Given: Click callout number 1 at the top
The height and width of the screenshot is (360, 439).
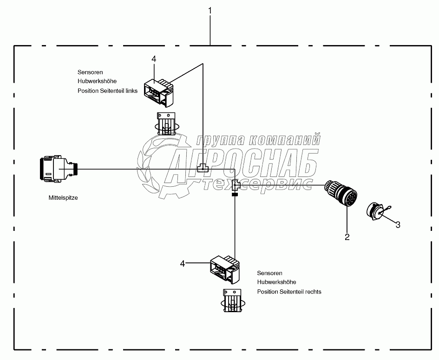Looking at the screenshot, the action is click(210, 9).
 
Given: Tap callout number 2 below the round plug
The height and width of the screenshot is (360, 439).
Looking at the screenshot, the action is click(347, 237).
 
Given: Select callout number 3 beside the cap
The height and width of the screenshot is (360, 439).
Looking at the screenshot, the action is click(398, 225).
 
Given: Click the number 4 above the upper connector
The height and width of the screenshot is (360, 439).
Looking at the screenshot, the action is click(154, 59).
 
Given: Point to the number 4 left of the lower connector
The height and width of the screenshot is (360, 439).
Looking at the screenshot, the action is click(183, 263).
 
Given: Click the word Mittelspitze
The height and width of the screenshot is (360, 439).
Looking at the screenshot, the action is click(63, 197).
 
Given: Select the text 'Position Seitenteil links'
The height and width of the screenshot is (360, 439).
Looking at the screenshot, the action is click(107, 91).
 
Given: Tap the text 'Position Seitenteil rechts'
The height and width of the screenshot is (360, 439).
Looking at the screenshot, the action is click(289, 292).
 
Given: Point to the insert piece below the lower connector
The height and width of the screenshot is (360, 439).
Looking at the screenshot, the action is click(232, 300).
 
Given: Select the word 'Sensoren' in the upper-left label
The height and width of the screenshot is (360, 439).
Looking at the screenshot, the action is click(90, 72).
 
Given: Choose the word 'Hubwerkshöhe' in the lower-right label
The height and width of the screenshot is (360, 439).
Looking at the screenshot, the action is click(277, 282).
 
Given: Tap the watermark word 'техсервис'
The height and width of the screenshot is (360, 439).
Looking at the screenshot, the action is click(258, 184).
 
